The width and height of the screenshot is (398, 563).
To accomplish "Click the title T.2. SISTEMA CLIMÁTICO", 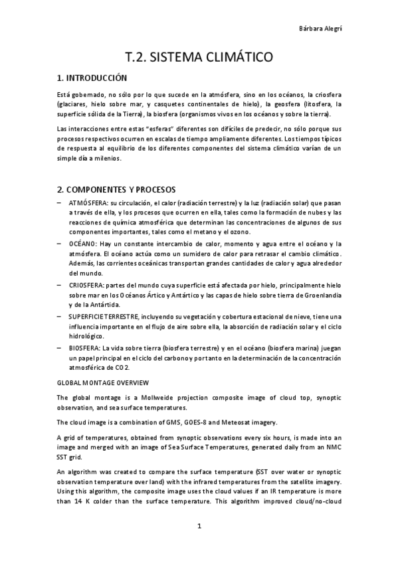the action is tap(199, 58).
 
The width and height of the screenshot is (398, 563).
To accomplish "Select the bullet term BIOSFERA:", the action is tap(84, 347).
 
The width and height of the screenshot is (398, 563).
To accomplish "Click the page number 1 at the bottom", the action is tap(199, 526).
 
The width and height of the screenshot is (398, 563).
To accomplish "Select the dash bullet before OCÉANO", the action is tap(60, 244).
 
